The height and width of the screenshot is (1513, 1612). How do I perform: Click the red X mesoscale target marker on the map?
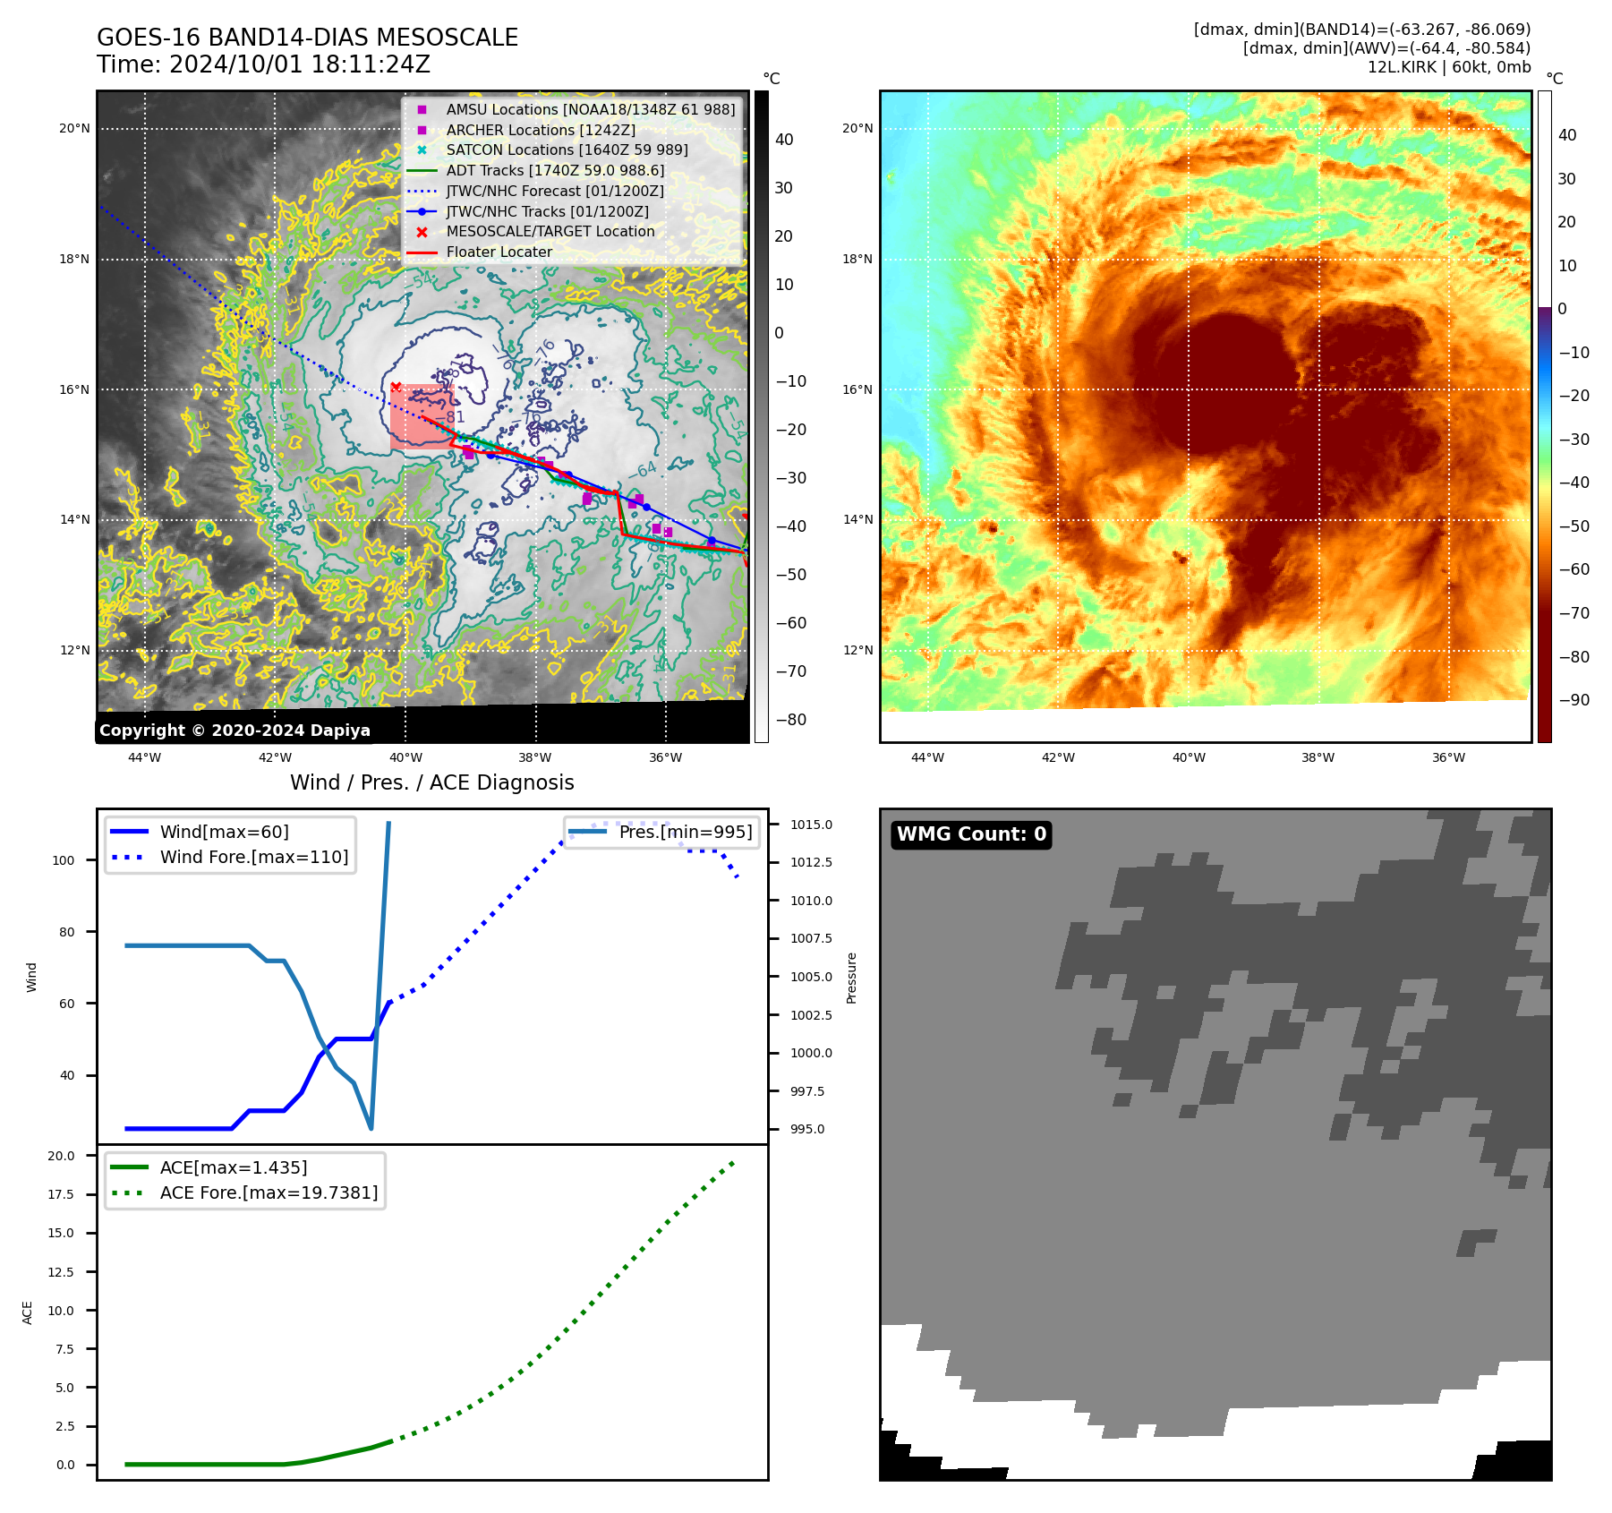tap(396, 387)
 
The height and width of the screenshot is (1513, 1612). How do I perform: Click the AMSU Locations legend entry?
tap(590, 109)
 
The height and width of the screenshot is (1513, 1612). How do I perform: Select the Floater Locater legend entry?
tap(499, 252)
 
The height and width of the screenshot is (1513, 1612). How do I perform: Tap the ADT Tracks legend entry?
tap(555, 170)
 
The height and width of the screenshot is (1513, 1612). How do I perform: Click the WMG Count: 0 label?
tap(971, 834)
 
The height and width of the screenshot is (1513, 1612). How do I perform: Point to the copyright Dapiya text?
tap(235, 731)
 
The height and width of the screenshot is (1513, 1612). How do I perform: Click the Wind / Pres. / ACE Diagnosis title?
tap(431, 782)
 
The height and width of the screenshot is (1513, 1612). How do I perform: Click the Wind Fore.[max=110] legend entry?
tap(254, 857)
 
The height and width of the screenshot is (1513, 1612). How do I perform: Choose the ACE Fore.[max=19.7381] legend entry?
tap(269, 1192)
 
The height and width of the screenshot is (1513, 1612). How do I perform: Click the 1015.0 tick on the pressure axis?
tap(811, 825)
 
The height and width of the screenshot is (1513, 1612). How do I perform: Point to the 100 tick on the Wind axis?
tap(64, 860)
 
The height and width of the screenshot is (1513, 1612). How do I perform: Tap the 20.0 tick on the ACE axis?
tap(61, 1156)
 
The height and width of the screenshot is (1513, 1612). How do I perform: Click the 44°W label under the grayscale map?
tap(144, 757)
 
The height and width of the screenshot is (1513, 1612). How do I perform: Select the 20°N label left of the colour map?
tap(857, 128)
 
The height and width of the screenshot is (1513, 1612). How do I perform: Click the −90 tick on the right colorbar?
tap(1574, 700)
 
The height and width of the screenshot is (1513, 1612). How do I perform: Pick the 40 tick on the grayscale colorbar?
tap(784, 139)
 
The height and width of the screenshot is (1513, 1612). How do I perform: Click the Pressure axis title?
tap(851, 978)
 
